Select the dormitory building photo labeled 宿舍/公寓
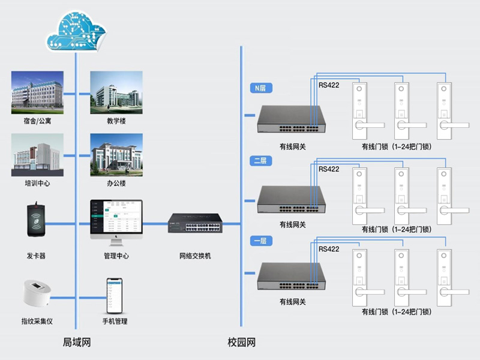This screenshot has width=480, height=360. pos(37,92)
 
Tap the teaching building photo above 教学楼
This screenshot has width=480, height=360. pos(116,92)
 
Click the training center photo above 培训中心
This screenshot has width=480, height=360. pos(37,155)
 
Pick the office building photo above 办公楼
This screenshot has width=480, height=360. pos(116,155)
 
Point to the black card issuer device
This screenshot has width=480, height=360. pos(37,222)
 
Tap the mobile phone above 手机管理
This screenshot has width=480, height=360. pos(115,295)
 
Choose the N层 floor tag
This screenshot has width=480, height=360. pos(261,88)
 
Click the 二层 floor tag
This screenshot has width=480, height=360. pos(261,160)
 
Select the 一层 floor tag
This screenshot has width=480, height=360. pos(261,241)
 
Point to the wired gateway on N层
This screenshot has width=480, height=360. pos(292,120)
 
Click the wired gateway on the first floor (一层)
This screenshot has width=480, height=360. pos(292,278)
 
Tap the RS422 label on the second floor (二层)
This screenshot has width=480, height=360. pos(329,169)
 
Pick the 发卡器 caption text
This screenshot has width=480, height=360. pos(37,256)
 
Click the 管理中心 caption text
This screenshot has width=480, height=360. pos(116,256)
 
